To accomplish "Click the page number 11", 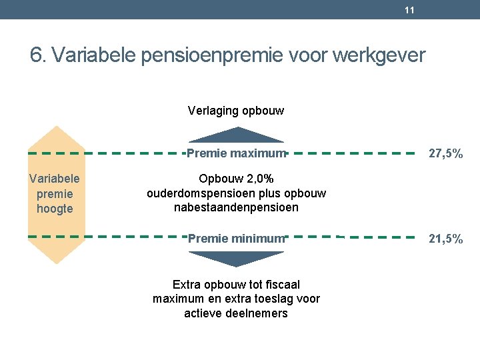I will (409, 10).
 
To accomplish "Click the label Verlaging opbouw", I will (236, 111).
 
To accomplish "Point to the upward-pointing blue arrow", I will (236, 135).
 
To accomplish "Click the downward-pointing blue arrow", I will (236, 257).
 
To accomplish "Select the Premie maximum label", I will (236, 154).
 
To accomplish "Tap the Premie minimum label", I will (236, 239).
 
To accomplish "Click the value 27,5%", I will (445, 154).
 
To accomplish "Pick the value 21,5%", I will (445, 239).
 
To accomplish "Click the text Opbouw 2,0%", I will (236, 179).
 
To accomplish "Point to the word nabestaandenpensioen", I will (236, 207).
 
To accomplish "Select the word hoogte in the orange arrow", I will (55, 209).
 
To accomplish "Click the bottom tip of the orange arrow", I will (57, 262).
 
